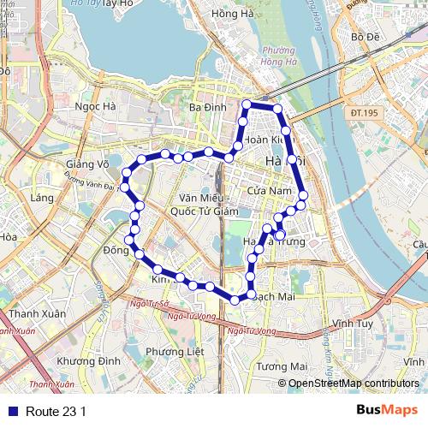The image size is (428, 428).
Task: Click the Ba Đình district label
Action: pyautogui.click(x=207, y=108)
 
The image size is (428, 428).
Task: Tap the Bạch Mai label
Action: pyautogui.click(x=275, y=295)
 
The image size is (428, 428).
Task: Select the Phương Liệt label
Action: pyautogui.click(x=174, y=351)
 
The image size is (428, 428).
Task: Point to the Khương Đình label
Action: pyautogui.click(x=88, y=361)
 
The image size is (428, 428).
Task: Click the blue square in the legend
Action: pyautogui.click(x=11, y=411)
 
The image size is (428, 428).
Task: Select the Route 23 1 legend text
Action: pyautogui.click(x=56, y=411)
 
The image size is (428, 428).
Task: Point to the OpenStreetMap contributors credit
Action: pyautogui.click(x=354, y=383)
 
